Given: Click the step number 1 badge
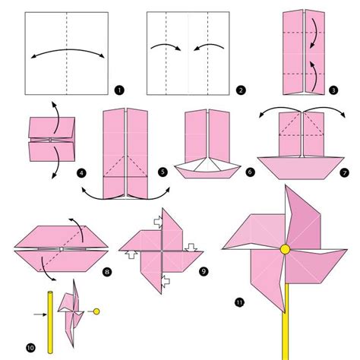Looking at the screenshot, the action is coord(119,90).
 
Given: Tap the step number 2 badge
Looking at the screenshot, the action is coord(241,90).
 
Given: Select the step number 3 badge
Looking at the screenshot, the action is coord(333,90).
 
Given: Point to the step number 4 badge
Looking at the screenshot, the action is coord(81,173).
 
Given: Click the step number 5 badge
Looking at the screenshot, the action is coord(163,172).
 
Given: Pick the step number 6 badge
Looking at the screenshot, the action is coord(250,172).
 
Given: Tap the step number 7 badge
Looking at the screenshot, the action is coord(344,173).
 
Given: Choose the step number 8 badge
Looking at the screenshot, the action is coord(107,272).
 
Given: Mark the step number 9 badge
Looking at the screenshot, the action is coord(204,272).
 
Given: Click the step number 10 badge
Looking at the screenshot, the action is coord(30,348).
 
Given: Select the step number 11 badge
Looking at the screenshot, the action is coord(239,302).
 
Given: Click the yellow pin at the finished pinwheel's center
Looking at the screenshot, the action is coord(286,249).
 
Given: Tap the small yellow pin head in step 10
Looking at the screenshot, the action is coord(96,311).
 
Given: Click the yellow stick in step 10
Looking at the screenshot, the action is coord(50,322).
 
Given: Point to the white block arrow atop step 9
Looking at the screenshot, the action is coord(158,222).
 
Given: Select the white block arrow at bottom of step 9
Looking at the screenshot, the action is coord(166,281).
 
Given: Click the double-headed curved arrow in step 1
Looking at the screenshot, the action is coord(68,49).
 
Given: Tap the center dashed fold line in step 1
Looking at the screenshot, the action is coord(67,53).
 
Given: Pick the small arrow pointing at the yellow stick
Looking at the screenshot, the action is coord(40,314).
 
